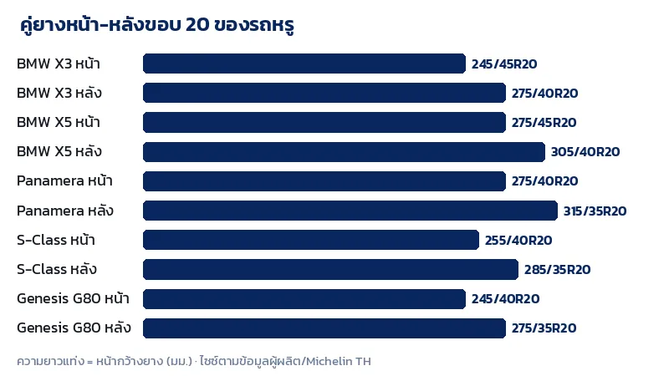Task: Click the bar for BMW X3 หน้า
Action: (x=304, y=64)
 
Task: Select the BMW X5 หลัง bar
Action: (x=344, y=152)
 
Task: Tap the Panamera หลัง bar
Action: (x=350, y=211)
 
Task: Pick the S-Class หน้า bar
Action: (x=311, y=240)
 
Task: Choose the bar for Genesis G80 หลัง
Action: (x=324, y=328)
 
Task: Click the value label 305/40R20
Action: (x=585, y=152)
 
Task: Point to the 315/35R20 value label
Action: (x=595, y=211)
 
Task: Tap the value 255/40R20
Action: (x=518, y=241)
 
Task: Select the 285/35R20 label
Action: (x=557, y=269)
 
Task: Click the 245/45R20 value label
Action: (x=504, y=64)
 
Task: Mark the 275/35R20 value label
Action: (x=544, y=328)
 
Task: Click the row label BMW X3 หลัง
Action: (x=59, y=93)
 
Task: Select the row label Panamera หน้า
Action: (x=64, y=180)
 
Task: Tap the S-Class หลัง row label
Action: (x=57, y=269)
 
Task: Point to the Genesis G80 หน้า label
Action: (x=73, y=298)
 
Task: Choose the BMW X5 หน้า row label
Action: (x=59, y=122)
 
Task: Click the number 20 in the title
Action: (x=197, y=25)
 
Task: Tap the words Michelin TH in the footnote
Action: (x=339, y=362)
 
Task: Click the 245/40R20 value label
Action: (x=506, y=299)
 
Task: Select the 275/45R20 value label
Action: (x=544, y=123)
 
